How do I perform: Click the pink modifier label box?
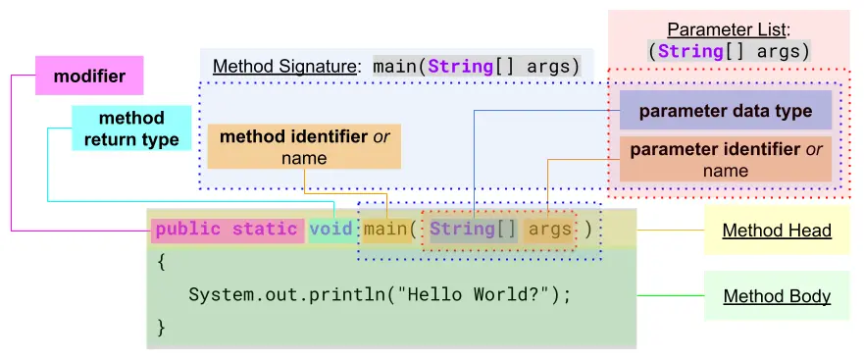click(82, 76)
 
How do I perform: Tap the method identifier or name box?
click(304, 147)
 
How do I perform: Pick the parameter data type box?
click(725, 111)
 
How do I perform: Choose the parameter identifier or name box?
click(725, 160)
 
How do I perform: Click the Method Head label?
click(777, 231)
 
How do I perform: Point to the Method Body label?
click(777, 296)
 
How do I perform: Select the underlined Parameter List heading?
click(728, 29)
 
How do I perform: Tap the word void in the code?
click(330, 230)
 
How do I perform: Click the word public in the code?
click(188, 230)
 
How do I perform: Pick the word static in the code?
click(264, 230)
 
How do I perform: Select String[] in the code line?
click(473, 230)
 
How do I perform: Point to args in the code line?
click(549, 230)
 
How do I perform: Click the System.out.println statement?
click(379, 294)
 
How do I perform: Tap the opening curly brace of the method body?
click(162, 262)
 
